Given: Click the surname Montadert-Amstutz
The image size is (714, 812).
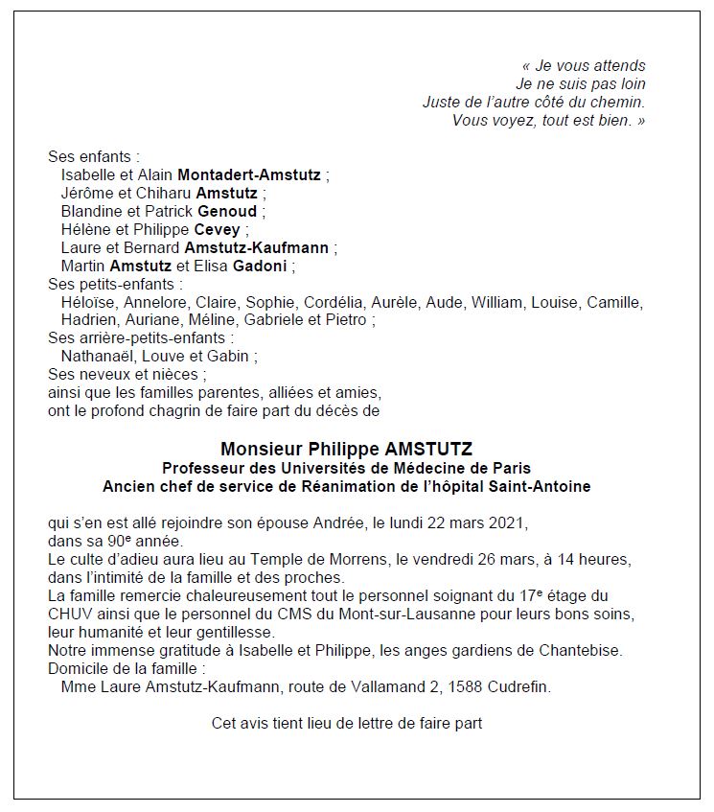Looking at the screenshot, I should (x=251, y=175).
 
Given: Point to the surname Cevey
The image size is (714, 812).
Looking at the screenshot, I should (x=217, y=230).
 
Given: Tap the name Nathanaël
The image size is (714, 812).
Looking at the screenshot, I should (x=97, y=357).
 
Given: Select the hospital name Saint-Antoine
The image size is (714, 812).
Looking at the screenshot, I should (x=541, y=487).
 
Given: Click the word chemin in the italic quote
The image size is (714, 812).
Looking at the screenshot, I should (x=620, y=103).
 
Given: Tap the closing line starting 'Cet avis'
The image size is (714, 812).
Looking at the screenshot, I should (x=347, y=724).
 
